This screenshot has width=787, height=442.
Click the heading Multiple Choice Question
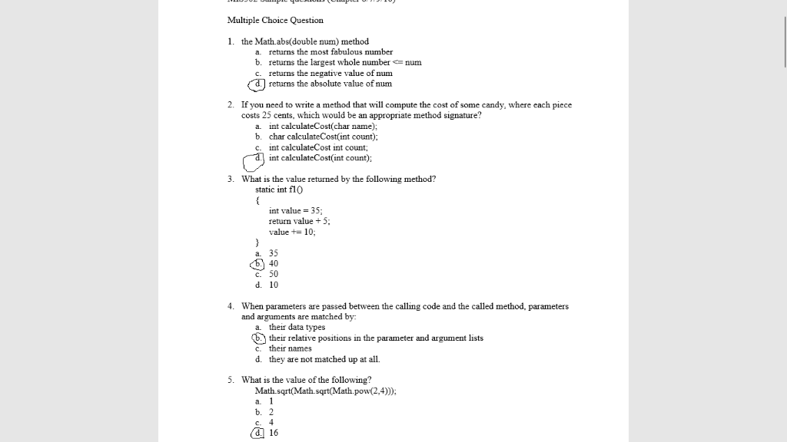(275, 20)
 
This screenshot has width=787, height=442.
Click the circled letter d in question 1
(258, 84)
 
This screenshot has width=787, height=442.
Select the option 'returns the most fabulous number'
(330, 52)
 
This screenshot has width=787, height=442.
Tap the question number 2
(231, 105)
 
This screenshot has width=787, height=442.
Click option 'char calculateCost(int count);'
(323, 137)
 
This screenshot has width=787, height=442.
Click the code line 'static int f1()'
(280, 190)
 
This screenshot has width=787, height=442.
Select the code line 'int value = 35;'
(296, 210)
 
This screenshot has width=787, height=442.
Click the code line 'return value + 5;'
(299, 221)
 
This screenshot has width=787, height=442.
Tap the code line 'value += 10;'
(292, 232)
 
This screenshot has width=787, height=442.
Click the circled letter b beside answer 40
(259, 264)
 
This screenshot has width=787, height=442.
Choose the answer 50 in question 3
(274, 274)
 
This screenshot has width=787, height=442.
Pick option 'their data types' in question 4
(297, 327)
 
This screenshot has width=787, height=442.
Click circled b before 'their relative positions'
(259, 338)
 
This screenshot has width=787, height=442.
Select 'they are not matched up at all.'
(324, 359)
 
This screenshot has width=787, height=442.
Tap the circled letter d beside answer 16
(258, 433)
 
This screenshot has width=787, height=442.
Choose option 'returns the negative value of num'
(330, 73)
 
